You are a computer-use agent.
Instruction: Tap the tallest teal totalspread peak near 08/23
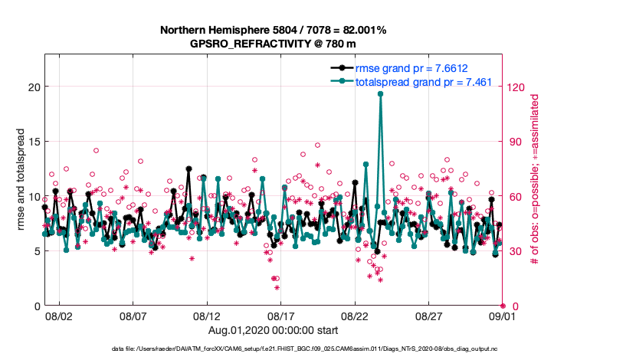[x=380, y=93]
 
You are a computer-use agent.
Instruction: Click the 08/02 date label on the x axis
[x=59, y=316]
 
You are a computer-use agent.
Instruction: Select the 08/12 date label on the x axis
[x=207, y=316]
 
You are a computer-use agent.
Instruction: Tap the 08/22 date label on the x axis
[x=355, y=316]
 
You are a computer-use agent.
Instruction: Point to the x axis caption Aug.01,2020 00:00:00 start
[x=272, y=330]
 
